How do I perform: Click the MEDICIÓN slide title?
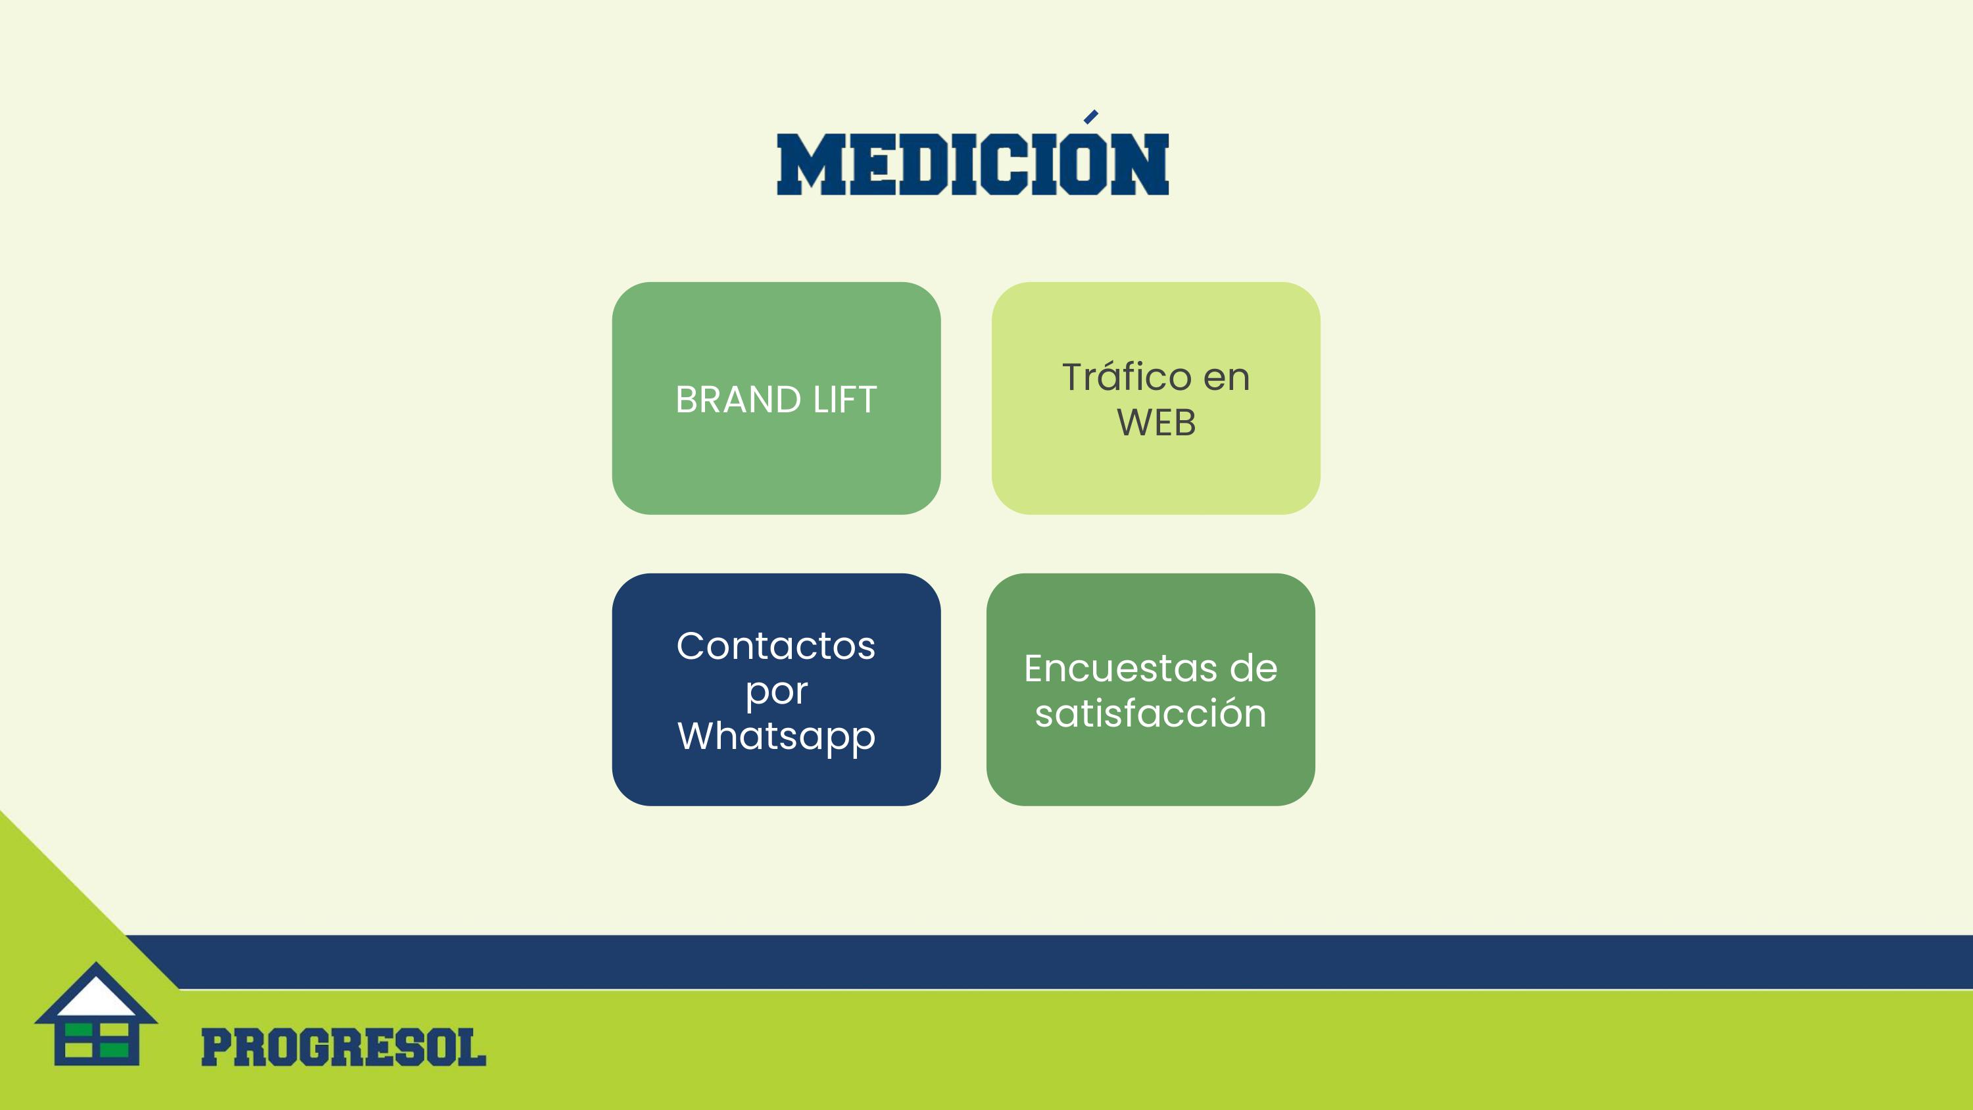click(973, 164)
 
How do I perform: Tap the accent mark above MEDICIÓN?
click(1090, 116)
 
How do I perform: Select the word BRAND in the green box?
click(739, 400)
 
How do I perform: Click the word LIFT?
click(845, 400)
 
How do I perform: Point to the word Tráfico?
click(1127, 376)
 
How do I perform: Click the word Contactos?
click(776, 646)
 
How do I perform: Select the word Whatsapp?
click(776, 736)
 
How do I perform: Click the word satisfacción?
click(1150, 713)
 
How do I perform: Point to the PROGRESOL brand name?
click(343, 1048)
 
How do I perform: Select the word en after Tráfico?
click(1227, 377)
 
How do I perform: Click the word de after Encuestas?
click(1254, 669)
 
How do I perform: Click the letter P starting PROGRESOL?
click(217, 1048)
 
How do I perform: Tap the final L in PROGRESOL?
click(471, 1048)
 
